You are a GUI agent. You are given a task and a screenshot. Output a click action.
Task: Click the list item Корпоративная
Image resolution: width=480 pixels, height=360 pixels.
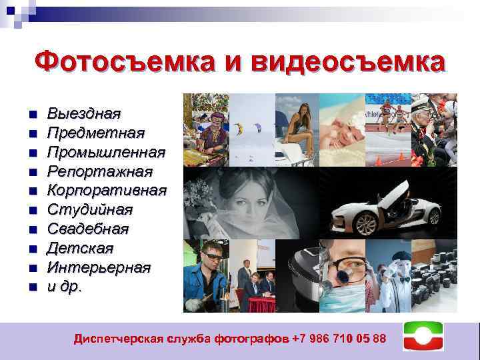(x=107, y=191)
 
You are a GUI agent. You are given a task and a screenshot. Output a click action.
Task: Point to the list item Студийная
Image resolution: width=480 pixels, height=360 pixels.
(x=90, y=210)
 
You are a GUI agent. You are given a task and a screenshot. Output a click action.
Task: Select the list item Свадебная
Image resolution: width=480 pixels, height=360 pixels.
(x=88, y=229)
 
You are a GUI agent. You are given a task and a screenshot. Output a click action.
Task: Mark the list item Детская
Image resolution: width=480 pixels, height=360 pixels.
(x=80, y=249)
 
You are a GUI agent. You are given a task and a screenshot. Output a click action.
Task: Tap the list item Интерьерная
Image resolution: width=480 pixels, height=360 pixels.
(x=99, y=268)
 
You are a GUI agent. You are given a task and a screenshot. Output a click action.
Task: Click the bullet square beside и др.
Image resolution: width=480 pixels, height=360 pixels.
(x=32, y=288)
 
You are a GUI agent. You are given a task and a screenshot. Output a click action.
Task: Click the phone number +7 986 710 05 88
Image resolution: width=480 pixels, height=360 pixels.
(x=339, y=339)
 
